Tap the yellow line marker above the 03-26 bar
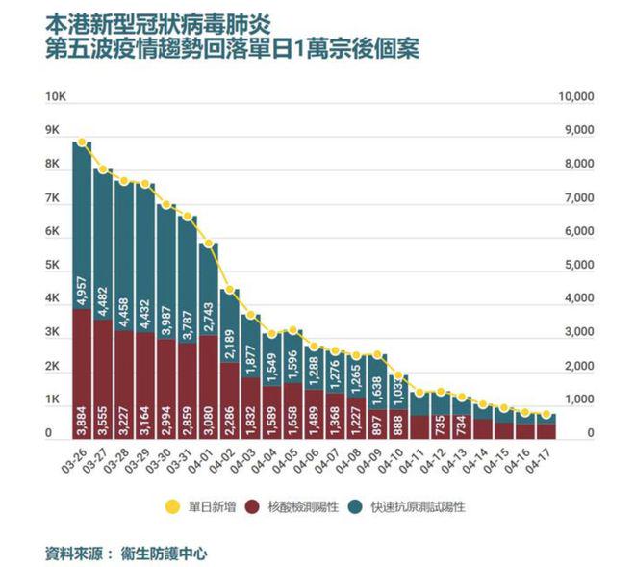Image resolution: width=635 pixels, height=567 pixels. pos(83,142)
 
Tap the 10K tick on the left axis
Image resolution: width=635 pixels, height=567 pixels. pos(55,97)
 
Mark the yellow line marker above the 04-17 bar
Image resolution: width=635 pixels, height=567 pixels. pos(546,415)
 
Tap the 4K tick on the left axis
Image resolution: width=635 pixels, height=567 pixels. pos(55,299)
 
